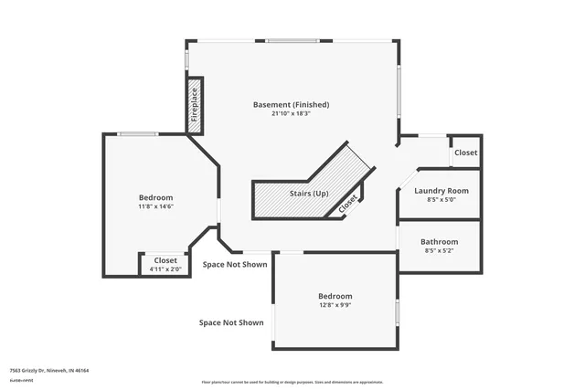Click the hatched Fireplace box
194,106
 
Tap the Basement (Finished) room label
291,104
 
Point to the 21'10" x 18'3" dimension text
291,114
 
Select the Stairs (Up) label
309,194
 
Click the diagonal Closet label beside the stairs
348,205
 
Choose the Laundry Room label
441,190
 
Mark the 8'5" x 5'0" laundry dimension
441,199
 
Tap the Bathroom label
440,242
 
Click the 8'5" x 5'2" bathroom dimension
440,251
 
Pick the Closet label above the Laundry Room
465,153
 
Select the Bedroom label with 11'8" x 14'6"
155,197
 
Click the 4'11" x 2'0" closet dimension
165,269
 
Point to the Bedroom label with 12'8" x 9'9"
335,296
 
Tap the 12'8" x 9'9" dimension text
335,306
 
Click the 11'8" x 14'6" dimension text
155,206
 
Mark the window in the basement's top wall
292,40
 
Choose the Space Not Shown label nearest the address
232,322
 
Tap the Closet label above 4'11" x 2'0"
165,260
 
